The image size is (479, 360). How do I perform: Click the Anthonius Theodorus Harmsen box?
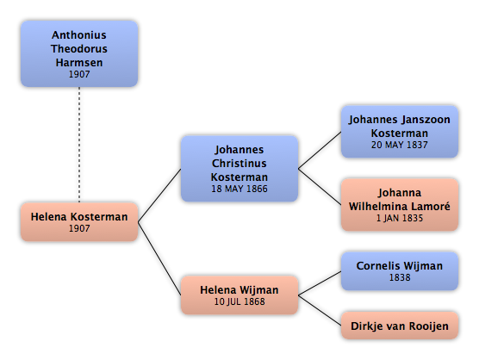(x=79, y=53)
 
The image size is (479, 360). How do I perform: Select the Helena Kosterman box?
(x=79, y=221)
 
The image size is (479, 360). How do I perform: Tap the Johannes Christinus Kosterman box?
(x=239, y=169)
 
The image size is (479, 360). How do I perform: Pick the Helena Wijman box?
(x=239, y=295)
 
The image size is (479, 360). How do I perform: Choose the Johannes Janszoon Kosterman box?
(x=400, y=132)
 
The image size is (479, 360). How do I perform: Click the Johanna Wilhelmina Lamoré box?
(x=400, y=205)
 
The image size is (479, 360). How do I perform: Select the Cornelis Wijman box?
(x=400, y=270)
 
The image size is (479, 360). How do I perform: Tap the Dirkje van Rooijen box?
(x=400, y=326)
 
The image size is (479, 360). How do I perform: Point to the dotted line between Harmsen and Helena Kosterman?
(x=79, y=145)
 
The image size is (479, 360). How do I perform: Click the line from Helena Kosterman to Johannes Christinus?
(x=159, y=196)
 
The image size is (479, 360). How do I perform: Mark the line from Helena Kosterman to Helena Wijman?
(x=159, y=258)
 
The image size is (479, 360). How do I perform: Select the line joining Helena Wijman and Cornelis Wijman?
(x=320, y=283)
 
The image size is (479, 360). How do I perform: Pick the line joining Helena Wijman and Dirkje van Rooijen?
(x=320, y=310)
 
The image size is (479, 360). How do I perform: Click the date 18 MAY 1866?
(x=239, y=189)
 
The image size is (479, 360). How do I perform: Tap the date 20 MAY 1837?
(x=400, y=145)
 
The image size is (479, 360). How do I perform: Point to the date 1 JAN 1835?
(x=400, y=218)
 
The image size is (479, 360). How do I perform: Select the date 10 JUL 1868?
(x=239, y=301)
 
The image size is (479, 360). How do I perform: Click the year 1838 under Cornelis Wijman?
(x=400, y=277)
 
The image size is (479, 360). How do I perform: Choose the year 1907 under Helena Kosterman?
(x=79, y=228)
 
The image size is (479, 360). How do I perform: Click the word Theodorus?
(x=79, y=49)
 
